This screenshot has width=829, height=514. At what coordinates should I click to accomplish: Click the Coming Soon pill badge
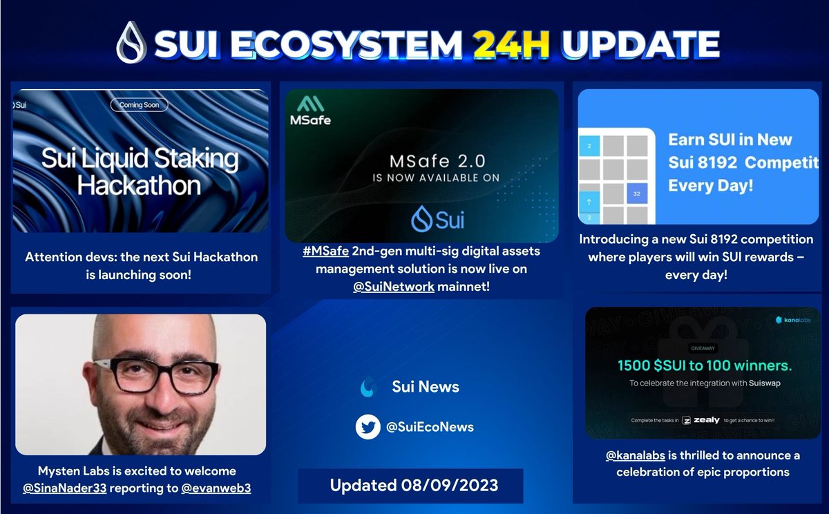coord(139,105)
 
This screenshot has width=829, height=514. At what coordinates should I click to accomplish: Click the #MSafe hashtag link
coord(325,251)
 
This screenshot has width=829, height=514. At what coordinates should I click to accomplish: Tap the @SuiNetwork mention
coord(393,286)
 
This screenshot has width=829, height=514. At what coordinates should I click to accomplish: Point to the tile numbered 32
coord(635,194)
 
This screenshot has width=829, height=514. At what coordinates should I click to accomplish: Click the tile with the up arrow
coord(589,201)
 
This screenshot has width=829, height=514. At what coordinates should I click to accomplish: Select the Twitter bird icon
coord(368,427)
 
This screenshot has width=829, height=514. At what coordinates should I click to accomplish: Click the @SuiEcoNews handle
coord(430,427)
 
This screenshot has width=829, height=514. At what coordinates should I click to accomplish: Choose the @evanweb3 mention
coord(216,488)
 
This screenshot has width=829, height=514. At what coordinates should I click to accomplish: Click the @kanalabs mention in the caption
coord(636,455)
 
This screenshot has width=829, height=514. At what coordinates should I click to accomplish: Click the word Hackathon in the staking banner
coord(139,185)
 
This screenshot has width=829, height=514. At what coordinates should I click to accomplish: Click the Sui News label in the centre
coord(425,387)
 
